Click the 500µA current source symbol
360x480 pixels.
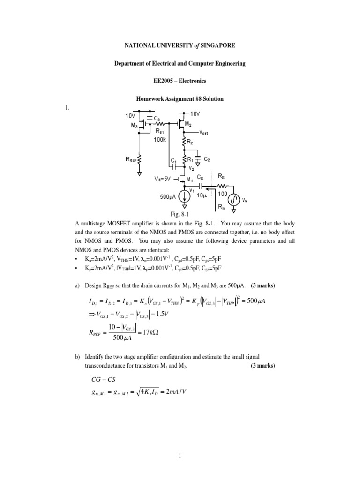[186, 198]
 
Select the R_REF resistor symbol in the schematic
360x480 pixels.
[139, 161]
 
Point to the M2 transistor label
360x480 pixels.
[188, 124]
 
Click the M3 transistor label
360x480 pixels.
[134, 125]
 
